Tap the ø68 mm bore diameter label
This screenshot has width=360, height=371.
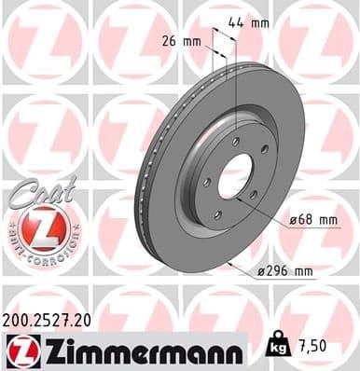tap(312, 220)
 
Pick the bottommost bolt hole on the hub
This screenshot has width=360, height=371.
tap(217, 214)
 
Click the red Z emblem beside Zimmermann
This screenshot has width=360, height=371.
tap(21, 352)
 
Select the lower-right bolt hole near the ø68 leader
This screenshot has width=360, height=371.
tap(253, 194)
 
